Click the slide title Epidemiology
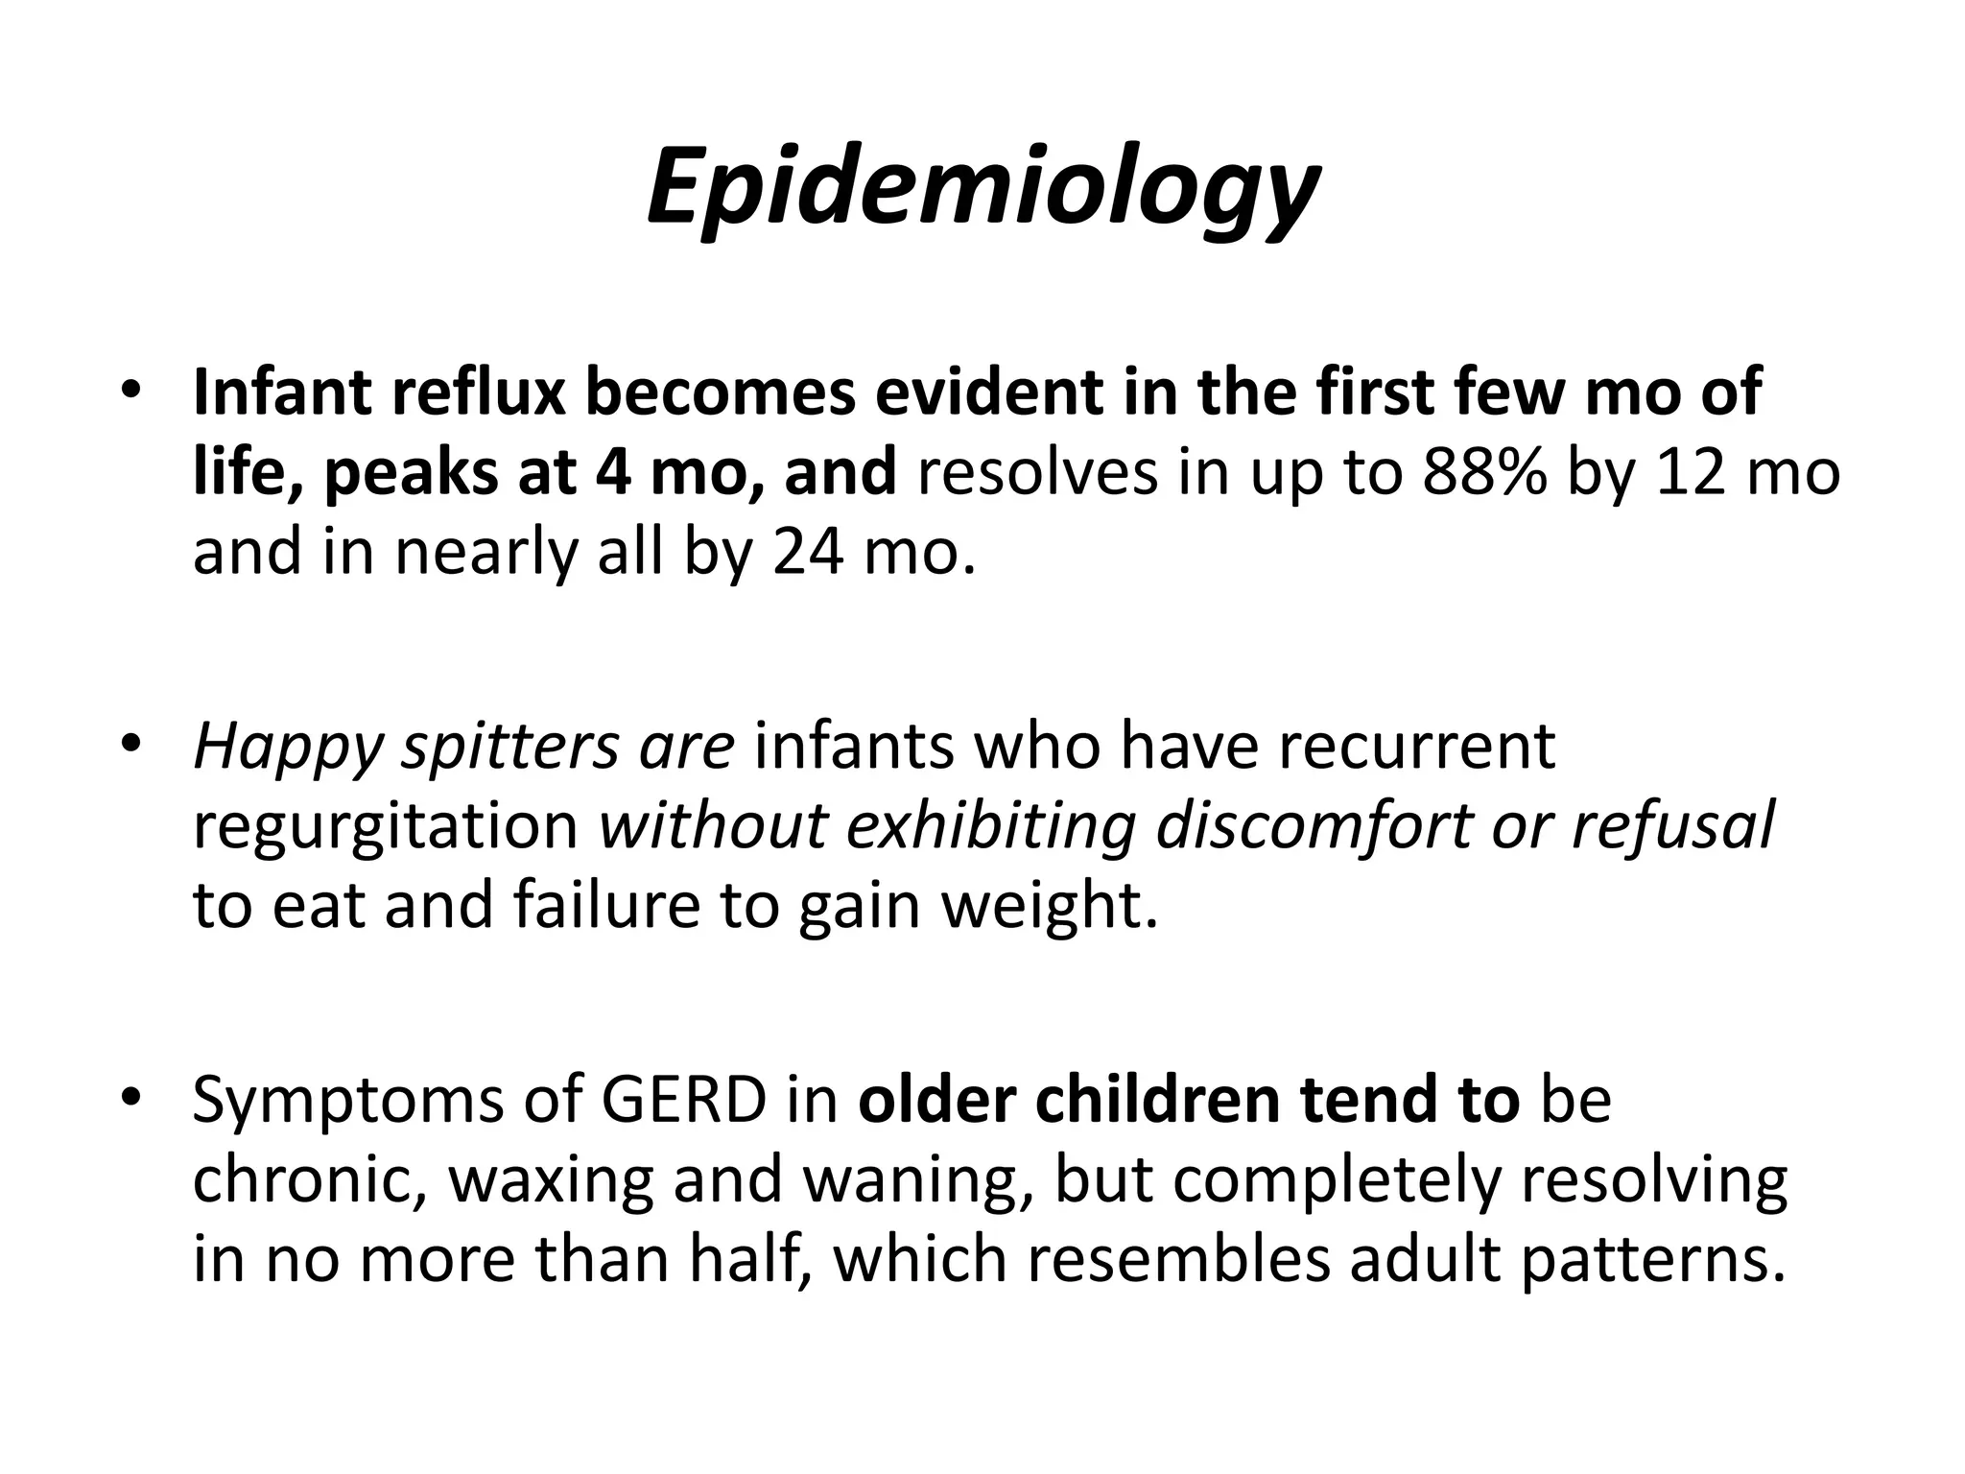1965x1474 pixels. click(982, 187)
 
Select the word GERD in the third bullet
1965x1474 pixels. click(683, 1100)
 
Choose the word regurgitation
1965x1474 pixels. click(385, 826)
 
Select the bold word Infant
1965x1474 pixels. click(278, 392)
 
